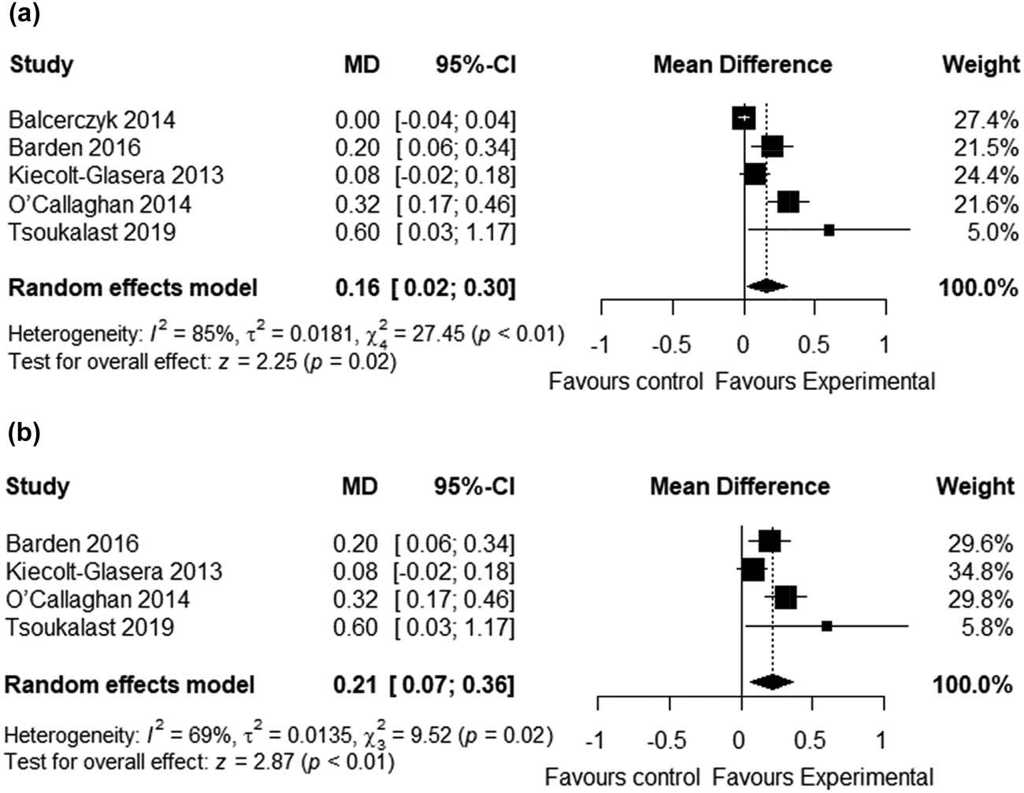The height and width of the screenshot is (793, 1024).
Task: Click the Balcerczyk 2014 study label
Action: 92,120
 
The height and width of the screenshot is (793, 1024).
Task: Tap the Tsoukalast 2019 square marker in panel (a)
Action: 829,230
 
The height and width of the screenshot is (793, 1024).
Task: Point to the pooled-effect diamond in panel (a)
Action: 766,287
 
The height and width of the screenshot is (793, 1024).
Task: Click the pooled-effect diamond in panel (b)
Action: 772,683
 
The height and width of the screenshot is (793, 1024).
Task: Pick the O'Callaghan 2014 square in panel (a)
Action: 788,202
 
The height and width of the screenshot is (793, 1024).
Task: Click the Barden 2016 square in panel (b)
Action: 770,541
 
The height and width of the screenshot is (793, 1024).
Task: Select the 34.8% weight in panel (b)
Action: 980,571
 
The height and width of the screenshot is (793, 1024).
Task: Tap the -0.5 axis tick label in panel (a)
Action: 672,345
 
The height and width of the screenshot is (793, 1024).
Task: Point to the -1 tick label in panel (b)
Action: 596,740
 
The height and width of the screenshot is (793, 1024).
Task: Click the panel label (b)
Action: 24,433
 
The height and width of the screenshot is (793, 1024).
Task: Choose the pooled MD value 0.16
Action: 357,288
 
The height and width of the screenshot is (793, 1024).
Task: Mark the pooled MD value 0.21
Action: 354,684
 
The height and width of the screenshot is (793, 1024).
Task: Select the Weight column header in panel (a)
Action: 980,65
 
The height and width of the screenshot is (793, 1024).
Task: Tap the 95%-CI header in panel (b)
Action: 474,487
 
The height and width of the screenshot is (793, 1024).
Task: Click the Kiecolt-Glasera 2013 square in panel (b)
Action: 753,569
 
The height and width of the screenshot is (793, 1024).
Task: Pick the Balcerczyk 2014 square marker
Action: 744,118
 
